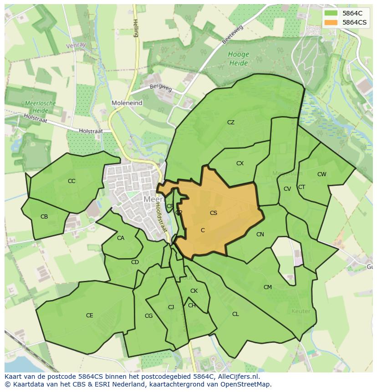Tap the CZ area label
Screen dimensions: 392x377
tap(231, 122)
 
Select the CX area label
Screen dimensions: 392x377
tap(240, 163)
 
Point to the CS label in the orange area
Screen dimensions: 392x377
tap(214, 213)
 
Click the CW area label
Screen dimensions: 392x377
tap(322, 174)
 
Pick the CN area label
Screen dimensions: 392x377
tap(260, 234)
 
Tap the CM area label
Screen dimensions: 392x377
tap(268, 287)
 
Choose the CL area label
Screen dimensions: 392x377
tap(235, 314)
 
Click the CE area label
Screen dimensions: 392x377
tap(90, 316)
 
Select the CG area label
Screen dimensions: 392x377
tap(148, 316)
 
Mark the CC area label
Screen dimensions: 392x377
tap(71, 181)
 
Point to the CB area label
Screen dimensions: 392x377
tap(44, 217)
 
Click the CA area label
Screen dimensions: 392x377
tap(121, 238)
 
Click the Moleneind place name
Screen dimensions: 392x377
tap(127, 103)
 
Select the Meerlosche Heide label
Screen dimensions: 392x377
tap(41, 107)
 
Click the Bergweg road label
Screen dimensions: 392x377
tap(161, 88)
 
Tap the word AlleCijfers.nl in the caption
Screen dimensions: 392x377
tap(236, 377)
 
